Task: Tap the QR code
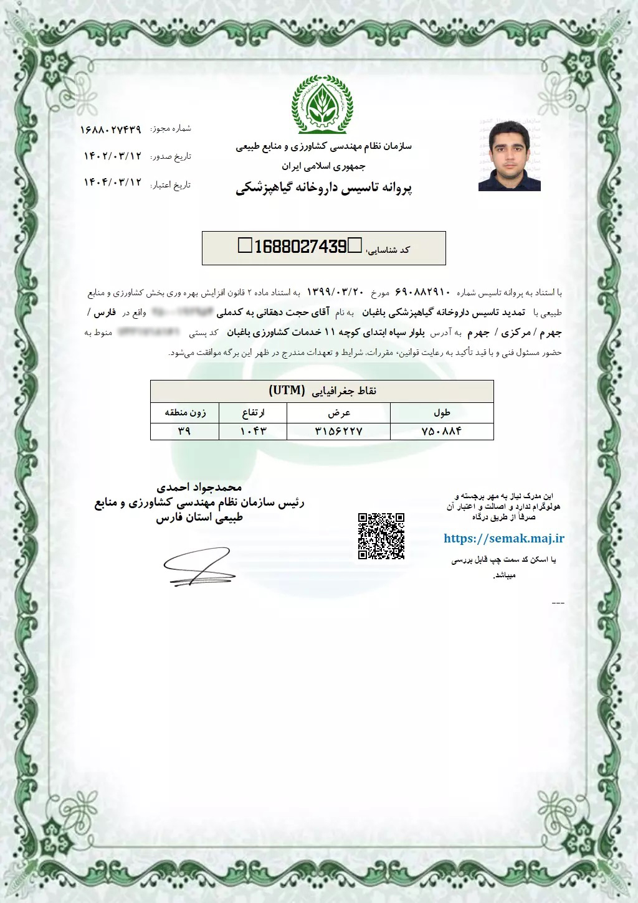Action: point(381,536)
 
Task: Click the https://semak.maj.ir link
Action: point(503,539)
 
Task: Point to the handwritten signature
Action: point(198,567)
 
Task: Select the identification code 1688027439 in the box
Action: point(300,247)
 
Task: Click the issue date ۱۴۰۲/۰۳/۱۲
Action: point(113,156)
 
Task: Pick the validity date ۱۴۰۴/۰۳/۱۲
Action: point(113,182)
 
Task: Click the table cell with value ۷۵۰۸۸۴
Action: point(442,431)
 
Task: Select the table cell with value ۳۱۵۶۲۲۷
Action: point(340,431)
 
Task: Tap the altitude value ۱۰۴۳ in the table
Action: point(253,431)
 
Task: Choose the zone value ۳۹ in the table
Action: point(184,431)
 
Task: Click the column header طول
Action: point(442,412)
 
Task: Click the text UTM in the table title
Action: point(287,390)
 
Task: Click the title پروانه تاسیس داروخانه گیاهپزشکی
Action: point(324,187)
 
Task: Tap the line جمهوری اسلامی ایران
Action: point(323,166)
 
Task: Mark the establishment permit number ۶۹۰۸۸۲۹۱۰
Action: point(422,292)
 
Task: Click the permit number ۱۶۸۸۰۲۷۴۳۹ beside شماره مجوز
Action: point(111,130)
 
